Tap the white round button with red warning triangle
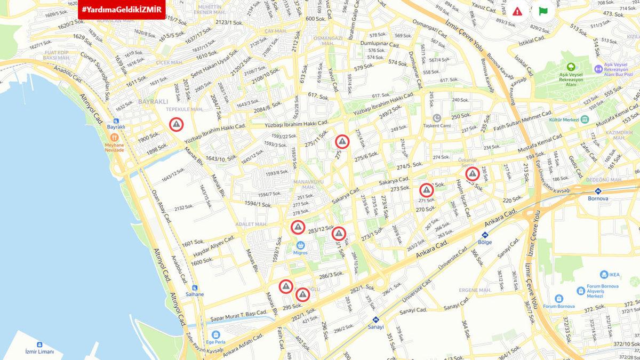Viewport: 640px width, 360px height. click(x=517, y=11)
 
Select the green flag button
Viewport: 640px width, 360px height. click(x=543, y=11)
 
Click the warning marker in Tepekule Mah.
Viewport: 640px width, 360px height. click(x=176, y=124)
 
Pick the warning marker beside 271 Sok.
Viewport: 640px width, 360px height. click(x=426, y=190)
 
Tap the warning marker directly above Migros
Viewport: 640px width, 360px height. click(x=298, y=228)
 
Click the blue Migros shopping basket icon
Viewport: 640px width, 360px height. click(x=300, y=245)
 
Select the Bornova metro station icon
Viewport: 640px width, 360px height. click(x=597, y=190)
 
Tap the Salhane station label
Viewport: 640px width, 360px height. click(x=194, y=294)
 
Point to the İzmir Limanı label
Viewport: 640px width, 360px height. click(x=40, y=351)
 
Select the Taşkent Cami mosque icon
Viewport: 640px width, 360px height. click(x=437, y=117)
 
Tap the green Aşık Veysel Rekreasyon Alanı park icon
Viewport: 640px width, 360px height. click(x=571, y=68)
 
